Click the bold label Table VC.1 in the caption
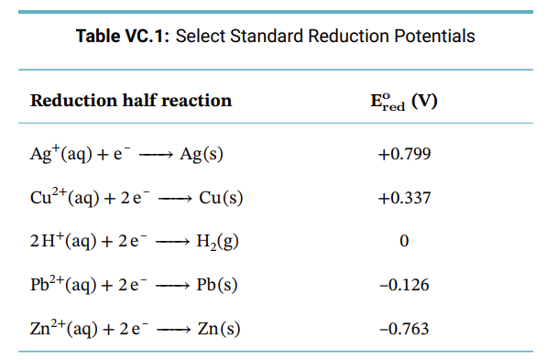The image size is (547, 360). pos(123,37)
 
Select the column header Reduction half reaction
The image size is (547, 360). pos(131,100)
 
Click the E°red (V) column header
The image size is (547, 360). pos(403,101)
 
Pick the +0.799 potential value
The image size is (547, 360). pos(404,153)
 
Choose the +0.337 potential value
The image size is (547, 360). pos(404,197)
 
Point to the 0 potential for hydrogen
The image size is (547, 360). pos(404,241)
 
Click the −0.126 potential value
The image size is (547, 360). pos(404,285)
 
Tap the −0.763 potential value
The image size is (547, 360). pos(404,328)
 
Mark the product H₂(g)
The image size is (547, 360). pos(218,242)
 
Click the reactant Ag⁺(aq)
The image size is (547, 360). pos(60,153)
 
